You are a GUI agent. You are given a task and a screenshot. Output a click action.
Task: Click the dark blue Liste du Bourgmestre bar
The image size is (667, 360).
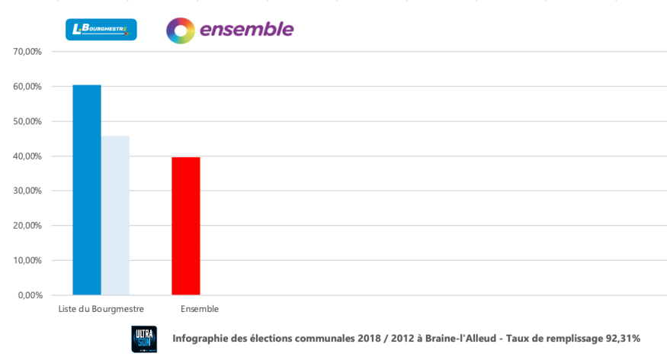(x=87, y=190)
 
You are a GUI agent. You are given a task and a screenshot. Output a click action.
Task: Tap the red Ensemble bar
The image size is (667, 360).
(x=186, y=226)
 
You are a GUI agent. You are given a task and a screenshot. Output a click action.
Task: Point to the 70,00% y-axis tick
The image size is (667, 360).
(x=27, y=52)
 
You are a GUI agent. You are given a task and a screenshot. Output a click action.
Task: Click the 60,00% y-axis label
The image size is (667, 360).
(x=27, y=87)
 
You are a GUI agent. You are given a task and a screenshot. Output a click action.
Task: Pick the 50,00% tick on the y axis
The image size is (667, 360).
(x=27, y=121)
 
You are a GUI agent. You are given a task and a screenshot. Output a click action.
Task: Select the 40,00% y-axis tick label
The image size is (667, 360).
(x=27, y=156)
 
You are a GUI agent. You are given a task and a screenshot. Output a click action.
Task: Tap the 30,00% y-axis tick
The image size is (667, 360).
(x=27, y=191)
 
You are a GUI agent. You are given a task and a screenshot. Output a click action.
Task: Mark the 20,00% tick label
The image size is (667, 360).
(x=27, y=226)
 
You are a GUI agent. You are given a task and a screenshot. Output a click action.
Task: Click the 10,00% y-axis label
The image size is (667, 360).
(x=27, y=260)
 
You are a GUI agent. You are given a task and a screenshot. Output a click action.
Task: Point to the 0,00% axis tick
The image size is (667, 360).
(x=29, y=295)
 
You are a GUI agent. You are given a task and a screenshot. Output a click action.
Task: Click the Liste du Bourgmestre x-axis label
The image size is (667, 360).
(x=101, y=309)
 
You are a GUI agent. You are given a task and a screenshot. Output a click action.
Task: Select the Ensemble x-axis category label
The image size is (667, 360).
(x=200, y=309)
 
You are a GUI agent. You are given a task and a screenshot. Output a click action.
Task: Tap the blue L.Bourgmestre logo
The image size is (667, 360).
(x=101, y=30)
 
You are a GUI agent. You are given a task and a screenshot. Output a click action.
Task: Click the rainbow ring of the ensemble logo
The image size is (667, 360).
(x=181, y=31)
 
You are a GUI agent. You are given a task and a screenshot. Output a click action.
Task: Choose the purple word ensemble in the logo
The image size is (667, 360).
(x=246, y=30)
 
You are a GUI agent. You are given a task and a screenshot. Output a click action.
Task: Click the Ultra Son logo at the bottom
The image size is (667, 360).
(x=144, y=339)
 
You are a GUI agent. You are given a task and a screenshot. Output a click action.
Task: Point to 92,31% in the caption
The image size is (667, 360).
(x=621, y=339)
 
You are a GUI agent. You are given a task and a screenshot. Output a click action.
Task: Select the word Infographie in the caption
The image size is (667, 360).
(x=201, y=339)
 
